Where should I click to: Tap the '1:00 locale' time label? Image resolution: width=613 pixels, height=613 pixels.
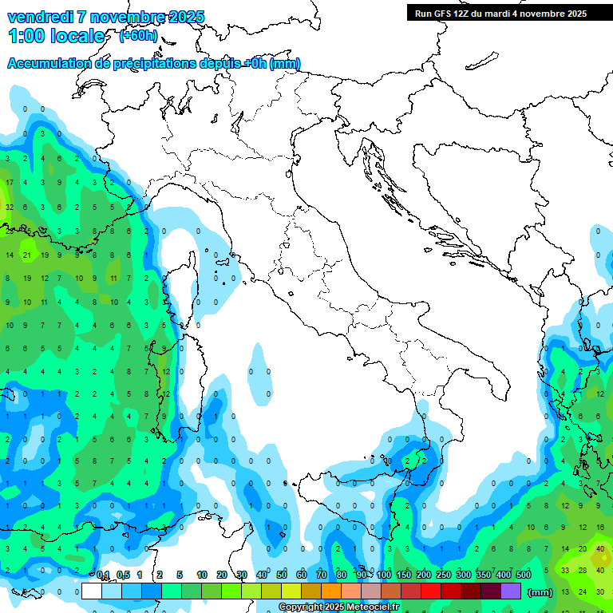click(x=56, y=36)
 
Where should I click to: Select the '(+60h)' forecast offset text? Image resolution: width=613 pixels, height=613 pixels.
click(x=138, y=36)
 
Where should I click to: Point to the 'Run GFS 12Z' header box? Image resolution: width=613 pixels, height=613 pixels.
click(x=500, y=13)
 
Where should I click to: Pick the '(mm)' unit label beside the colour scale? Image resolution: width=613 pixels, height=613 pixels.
click(x=540, y=591)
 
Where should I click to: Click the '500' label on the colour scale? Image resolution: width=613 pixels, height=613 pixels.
click(x=524, y=575)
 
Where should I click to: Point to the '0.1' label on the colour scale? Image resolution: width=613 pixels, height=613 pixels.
click(x=103, y=575)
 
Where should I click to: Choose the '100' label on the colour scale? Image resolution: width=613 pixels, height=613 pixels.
click(x=383, y=575)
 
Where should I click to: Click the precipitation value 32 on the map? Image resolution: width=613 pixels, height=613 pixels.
click(x=10, y=207)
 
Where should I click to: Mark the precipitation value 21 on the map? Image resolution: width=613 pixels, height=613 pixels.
click(x=27, y=255)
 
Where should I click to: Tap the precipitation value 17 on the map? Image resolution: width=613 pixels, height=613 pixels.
click(x=10, y=183)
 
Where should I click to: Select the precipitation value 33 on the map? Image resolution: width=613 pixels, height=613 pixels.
click(x=565, y=570)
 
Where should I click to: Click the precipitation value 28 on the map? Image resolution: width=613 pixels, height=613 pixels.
click(x=583, y=570)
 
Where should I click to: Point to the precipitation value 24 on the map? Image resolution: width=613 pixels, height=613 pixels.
click(x=583, y=591)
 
